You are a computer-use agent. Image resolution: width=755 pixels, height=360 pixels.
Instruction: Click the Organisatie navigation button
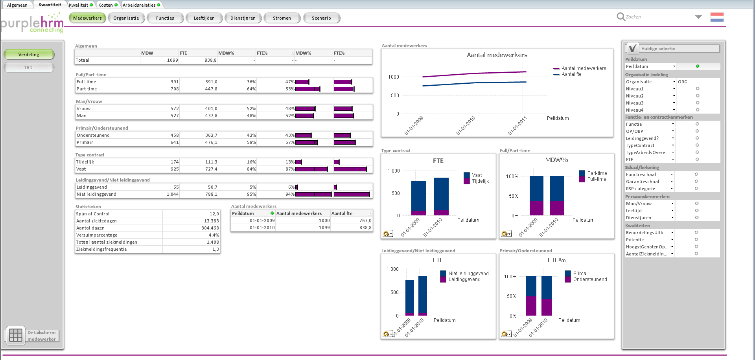click(126, 18)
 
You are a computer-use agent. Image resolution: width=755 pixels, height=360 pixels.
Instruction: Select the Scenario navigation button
click(321, 18)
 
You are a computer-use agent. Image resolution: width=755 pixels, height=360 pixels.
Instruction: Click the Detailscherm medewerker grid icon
click(16, 335)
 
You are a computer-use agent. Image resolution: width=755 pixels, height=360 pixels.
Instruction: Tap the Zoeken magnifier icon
click(621, 17)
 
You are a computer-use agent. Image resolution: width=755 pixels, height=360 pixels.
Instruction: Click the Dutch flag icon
click(717, 17)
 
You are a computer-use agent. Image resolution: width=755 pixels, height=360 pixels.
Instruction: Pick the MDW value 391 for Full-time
click(175, 82)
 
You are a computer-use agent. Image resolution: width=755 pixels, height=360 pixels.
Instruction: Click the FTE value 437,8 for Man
click(211, 116)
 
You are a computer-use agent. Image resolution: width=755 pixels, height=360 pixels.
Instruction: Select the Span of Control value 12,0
click(214, 214)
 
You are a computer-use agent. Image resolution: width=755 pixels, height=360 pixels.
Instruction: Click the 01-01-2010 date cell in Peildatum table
click(262, 228)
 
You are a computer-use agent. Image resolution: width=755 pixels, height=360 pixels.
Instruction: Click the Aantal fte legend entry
click(571, 74)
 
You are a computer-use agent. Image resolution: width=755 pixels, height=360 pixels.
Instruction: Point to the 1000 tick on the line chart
click(394, 77)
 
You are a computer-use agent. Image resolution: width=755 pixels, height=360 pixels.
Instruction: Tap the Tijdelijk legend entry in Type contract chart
click(480, 181)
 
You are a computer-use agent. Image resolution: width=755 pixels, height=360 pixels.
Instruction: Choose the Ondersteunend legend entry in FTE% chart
click(590, 279)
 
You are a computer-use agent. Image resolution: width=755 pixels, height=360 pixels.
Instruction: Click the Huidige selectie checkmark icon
click(632, 48)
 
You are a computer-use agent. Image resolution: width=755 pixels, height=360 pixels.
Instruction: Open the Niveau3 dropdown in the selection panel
click(674, 103)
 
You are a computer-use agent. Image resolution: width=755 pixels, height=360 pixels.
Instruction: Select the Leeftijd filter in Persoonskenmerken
click(634, 211)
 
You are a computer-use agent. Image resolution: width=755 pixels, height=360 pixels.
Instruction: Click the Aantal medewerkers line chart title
click(497, 55)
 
